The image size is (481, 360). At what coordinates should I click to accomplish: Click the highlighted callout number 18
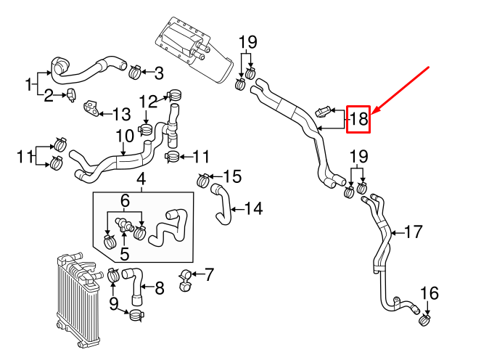(358, 119)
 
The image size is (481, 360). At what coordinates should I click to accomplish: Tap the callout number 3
(159, 73)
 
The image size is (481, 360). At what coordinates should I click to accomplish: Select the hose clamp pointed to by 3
(135, 72)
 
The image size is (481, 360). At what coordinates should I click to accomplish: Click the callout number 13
(122, 115)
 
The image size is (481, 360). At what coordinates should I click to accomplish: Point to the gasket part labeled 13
(91, 108)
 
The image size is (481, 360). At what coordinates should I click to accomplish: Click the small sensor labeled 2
(71, 94)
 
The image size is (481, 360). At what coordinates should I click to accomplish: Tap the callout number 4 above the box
(141, 179)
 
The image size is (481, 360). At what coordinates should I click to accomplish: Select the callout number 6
(125, 201)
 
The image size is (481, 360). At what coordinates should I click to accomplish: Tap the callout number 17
(414, 232)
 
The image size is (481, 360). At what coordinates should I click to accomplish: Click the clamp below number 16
(424, 320)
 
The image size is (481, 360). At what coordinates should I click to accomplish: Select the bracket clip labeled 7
(185, 280)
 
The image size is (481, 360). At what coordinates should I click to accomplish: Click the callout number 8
(160, 288)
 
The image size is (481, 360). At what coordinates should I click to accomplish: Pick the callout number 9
(113, 304)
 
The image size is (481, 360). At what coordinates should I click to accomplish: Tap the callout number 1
(28, 84)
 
